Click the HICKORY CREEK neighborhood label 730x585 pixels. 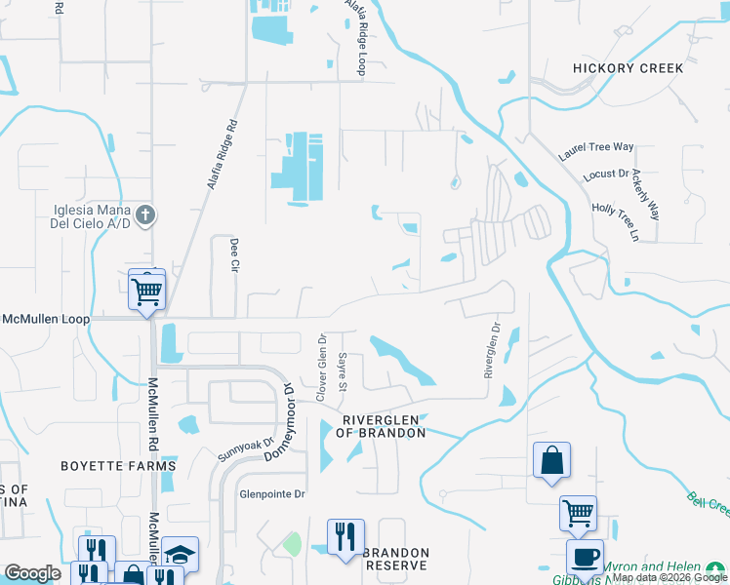point(628,68)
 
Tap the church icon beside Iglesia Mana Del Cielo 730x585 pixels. point(145,214)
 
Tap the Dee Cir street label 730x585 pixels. point(234,254)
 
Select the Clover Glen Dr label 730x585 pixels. point(319,367)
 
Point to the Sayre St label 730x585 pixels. point(343,371)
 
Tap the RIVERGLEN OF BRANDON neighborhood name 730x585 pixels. point(384,426)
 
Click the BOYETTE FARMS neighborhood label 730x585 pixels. point(128,466)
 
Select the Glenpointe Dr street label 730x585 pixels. point(272,494)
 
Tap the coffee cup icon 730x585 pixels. point(585,557)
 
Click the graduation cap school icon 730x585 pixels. point(180,554)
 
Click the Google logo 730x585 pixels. point(32,573)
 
